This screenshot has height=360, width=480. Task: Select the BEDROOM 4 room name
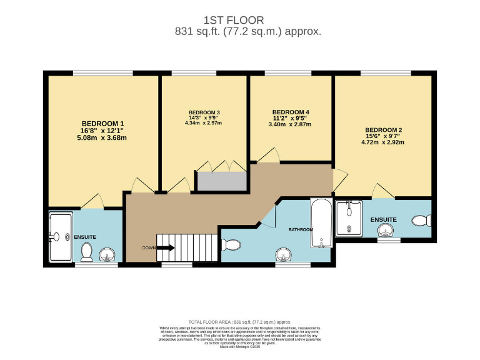(x=291, y=112)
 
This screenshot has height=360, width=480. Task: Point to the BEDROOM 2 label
(x=384, y=130)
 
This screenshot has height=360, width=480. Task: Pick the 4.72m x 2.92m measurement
(x=384, y=142)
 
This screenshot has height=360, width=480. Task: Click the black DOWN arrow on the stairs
(x=166, y=248)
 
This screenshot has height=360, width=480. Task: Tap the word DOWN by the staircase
(x=149, y=248)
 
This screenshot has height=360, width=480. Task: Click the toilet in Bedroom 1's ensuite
(x=87, y=252)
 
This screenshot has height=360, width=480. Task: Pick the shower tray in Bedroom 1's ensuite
(x=61, y=237)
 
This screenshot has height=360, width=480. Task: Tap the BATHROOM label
(x=300, y=230)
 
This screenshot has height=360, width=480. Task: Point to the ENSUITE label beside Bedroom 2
(x=384, y=219)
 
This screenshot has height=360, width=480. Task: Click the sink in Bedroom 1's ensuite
(x=107, y=254)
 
